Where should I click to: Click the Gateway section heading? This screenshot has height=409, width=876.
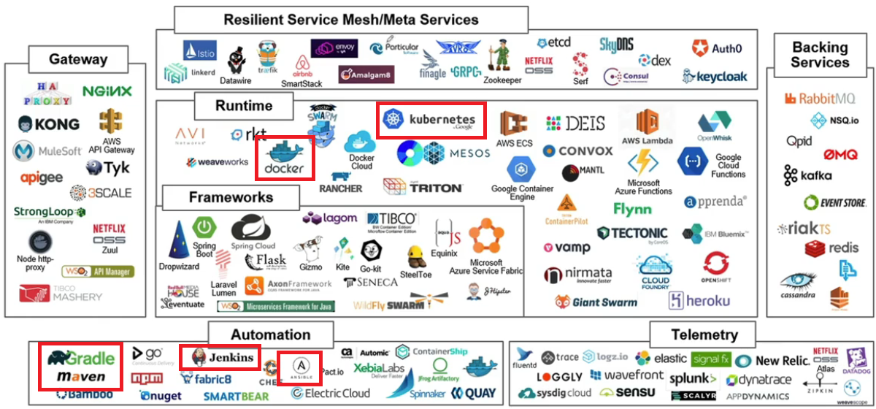pyautogui.click(x=78, y=60)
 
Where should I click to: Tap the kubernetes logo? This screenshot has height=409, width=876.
pyautogui.click(x=431, y=121)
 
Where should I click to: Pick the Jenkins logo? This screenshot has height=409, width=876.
pyautogui.click(x=221, y=357)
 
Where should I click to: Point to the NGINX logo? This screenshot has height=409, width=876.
pyautogui.click(x=107, y=91)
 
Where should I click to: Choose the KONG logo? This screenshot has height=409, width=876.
pyautogui.click(x=50, y=123)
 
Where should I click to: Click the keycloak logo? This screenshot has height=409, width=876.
pyautogui.click(x=712, y=76)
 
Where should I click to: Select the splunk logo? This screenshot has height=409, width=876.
pyautogui.click(x=693, y=378)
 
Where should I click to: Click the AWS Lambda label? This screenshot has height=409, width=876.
pyautogui.click(x=648, y=140)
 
